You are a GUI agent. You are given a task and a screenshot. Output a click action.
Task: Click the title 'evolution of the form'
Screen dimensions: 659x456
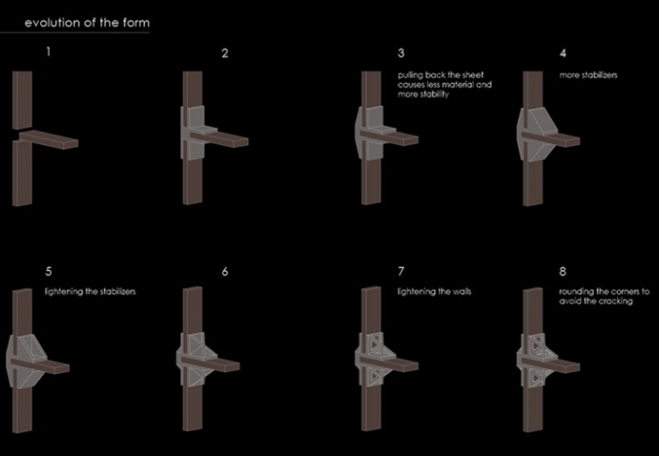(87, 22)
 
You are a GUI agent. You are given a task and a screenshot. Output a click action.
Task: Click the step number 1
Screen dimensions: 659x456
(48, 51)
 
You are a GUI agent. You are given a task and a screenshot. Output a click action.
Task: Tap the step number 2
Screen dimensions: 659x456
(225, 53)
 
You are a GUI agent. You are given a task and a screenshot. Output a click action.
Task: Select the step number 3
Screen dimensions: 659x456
(401, 53)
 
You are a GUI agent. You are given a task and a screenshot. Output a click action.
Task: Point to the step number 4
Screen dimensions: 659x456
(563, 53)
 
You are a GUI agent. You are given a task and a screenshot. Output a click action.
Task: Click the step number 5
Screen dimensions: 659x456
(49, 272)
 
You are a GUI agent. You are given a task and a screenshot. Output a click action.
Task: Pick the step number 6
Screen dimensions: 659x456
(225, 272)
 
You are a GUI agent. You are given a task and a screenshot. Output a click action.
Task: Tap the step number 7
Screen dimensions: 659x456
(401, 272)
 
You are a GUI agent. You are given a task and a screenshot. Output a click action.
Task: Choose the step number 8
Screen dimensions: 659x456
(563, 272)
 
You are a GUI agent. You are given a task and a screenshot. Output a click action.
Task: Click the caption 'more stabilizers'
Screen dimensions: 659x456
(589, 75)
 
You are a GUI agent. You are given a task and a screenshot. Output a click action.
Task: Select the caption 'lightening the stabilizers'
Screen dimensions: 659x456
(90, 291)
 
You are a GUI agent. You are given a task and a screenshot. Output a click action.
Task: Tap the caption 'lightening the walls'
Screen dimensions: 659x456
(434, 291)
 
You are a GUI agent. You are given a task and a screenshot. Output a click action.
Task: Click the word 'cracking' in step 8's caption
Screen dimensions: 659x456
(617, 301)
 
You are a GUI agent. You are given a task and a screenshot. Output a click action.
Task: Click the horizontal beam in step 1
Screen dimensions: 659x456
(48, 139)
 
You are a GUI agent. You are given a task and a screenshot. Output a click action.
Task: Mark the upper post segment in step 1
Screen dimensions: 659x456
(21, 100)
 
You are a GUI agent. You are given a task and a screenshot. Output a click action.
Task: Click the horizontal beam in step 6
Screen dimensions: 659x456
(210, 363)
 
